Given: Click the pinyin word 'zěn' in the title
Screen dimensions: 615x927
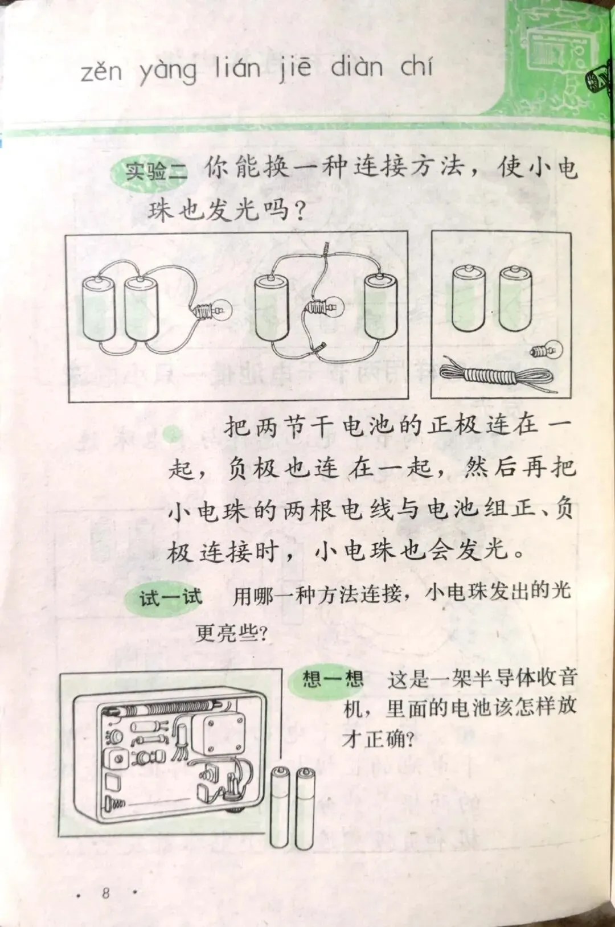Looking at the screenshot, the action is pos(101,72).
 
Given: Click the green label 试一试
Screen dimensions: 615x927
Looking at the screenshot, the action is pos(170,597).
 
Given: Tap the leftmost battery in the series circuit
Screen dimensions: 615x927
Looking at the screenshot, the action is pos(99,309).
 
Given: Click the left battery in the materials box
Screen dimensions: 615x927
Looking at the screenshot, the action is pos(469,299).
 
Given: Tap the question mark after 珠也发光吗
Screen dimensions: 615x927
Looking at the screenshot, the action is pos(297,212).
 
